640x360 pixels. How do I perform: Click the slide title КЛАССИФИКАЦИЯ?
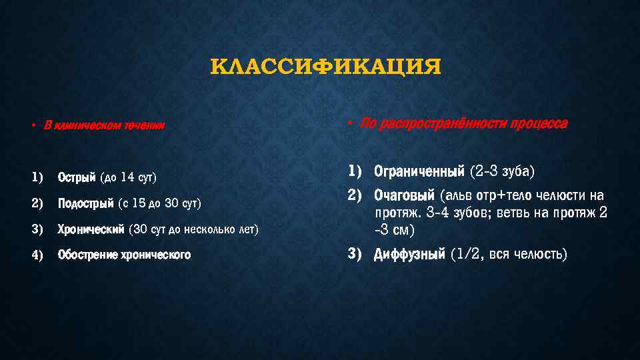tap(325, 68)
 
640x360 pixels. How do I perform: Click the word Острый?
tap(77, 177)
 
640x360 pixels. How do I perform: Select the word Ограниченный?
tap(419, 172)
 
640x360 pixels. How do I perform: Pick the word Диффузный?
tap(409, 254)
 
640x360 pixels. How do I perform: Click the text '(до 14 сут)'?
tap(128, 177)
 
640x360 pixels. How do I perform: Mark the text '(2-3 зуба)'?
tap(502, 172)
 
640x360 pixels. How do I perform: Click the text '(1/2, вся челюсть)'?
tap(509, 254)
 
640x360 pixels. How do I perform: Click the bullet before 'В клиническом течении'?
tap(32, 126)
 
